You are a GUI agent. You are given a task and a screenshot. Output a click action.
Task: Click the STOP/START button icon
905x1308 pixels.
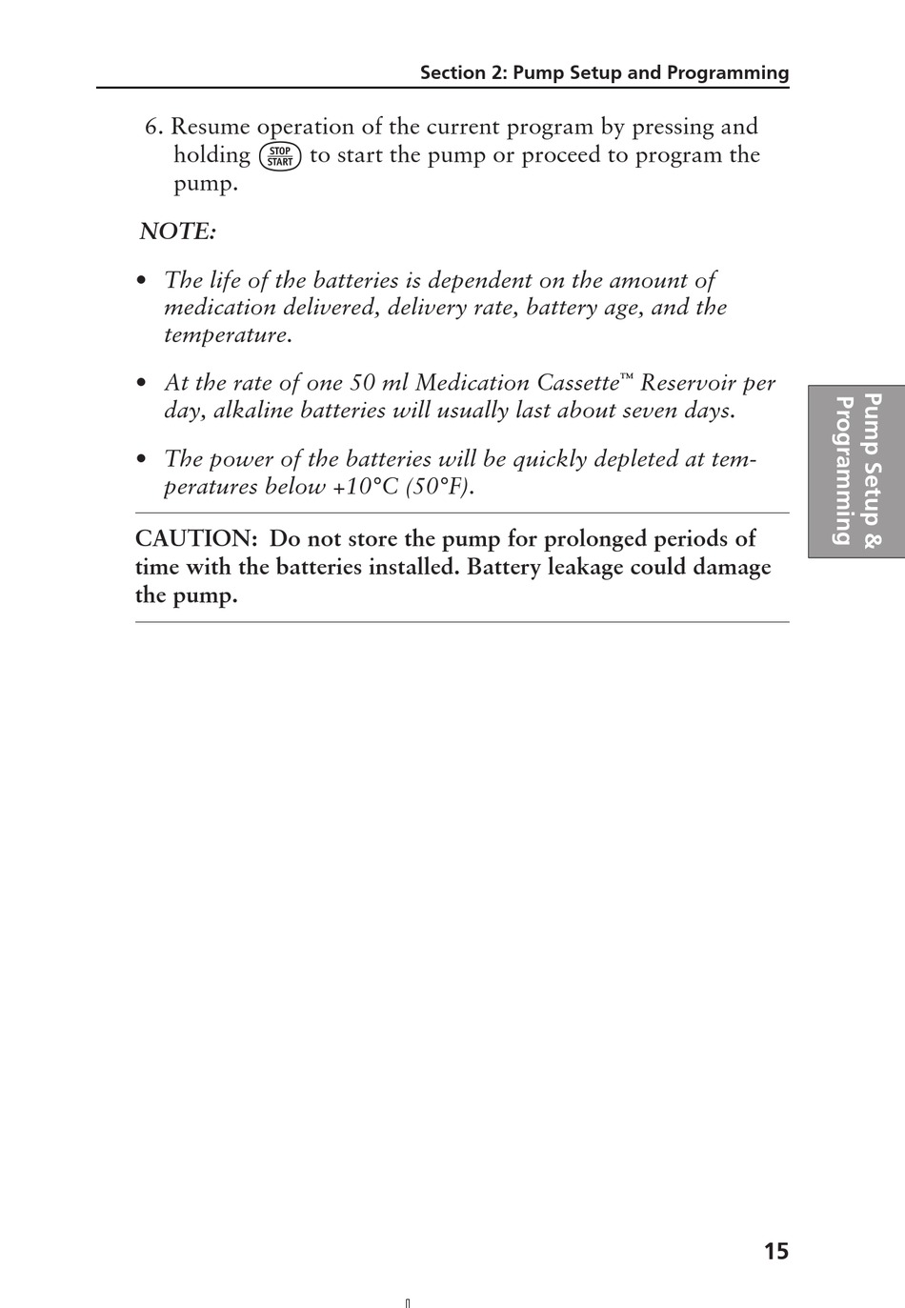point(280,156)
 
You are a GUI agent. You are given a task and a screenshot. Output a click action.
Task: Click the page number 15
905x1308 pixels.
point(775,1252)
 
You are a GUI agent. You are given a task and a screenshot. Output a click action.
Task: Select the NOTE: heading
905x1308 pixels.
point(178,231)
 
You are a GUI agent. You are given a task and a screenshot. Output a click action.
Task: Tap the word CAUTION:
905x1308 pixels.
point(196,539)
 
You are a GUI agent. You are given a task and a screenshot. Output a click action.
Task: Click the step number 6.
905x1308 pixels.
point(155,127)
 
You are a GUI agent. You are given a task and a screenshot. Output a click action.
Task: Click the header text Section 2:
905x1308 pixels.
point(462,73)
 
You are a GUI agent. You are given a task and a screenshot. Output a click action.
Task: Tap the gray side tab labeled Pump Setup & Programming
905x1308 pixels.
point(855,470)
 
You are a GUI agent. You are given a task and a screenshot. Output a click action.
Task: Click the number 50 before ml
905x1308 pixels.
point(362,383)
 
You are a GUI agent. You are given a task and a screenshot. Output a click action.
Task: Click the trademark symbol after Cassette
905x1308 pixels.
point(626,378)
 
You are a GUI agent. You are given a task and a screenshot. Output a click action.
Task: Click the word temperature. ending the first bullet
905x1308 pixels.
point(228,335)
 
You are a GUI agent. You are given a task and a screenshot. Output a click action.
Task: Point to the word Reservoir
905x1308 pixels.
point(687,383)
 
